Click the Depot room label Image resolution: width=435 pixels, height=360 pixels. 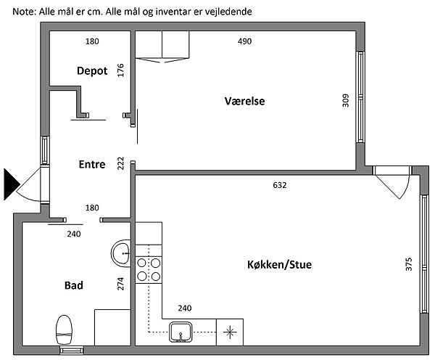(92, 71)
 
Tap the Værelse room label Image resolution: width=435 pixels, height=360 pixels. (245, 101)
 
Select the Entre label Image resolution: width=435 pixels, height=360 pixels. (92, 164)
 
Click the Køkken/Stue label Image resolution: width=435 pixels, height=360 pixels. (279, 264)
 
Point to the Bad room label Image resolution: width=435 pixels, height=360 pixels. (74, 285)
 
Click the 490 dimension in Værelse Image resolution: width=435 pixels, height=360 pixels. (245, 41)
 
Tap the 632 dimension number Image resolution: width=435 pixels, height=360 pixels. (280, 185)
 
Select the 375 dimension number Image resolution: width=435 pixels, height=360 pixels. (409, 264)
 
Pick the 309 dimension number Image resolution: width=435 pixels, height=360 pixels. (345, 101)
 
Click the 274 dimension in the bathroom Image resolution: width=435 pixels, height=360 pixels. (120, 284)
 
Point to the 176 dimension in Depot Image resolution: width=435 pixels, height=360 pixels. (120, 70)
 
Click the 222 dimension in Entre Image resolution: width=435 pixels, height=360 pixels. (120, 163)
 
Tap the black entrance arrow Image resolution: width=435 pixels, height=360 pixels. (12, 184)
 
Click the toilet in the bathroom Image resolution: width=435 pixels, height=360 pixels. (65, 330)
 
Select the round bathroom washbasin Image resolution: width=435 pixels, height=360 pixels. (121, 253)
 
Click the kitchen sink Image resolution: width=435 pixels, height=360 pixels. (181, 332)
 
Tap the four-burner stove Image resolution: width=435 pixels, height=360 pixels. (149, 269)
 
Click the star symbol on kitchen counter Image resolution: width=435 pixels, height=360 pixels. (230, 332)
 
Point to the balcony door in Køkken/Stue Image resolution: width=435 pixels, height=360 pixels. (391, 181)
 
